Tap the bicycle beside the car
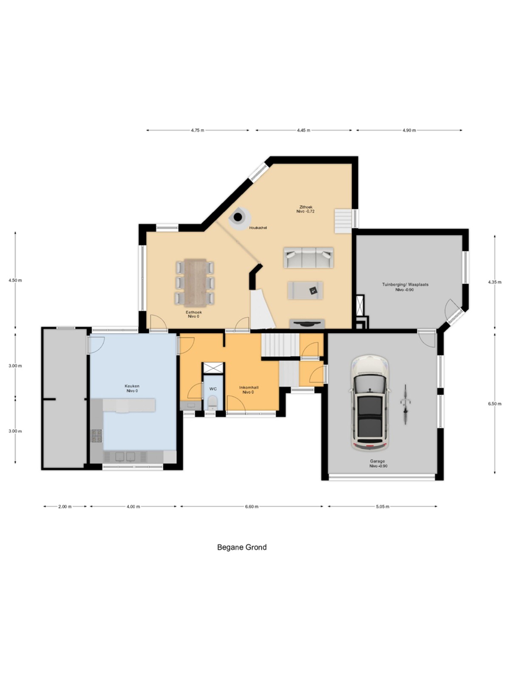pyautogui.click(x=405, y=404)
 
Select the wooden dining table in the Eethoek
pyautogui.click(x=195, y=283)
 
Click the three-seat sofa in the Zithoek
pyautogui.click(x=309, y=258)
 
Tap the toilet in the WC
pyautogui.click(x=213, y=402)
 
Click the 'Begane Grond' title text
pyautogui.click(x=242, y=547)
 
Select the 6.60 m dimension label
pyautogui.click(x=252, y=507)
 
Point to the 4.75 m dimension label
pyautogui.click(x=198, y=130)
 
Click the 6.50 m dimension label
pyautogui.click(x=495, y=404)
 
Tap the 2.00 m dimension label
pyautogui.click(x=65, y=507)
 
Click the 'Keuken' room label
pyautogui.click(x=132, y=386)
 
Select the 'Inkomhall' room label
pyautogui.click(x=249, y=387)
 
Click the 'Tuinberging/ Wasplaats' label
pyautogui.click(x=405, y=284)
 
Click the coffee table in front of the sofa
pyautogui.click(x=305, y=290)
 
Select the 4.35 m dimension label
pyautogui.click(x=495, y=282)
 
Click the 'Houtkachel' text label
pyautogui.click(x=258, y=228)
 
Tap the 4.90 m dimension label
pyautogui.click(x=409, y=130)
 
